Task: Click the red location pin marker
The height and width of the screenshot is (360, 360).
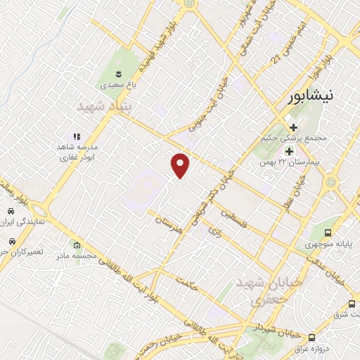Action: click(x=181, y=165)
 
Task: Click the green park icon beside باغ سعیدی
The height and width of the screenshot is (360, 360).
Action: click(x=119, y=73)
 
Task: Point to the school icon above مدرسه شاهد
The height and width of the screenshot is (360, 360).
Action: click(x=77, y=137)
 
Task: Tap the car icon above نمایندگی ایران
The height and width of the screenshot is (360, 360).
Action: click(x=12, y=211)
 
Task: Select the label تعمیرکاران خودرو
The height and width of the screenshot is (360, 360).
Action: click(x=21, y=251)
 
